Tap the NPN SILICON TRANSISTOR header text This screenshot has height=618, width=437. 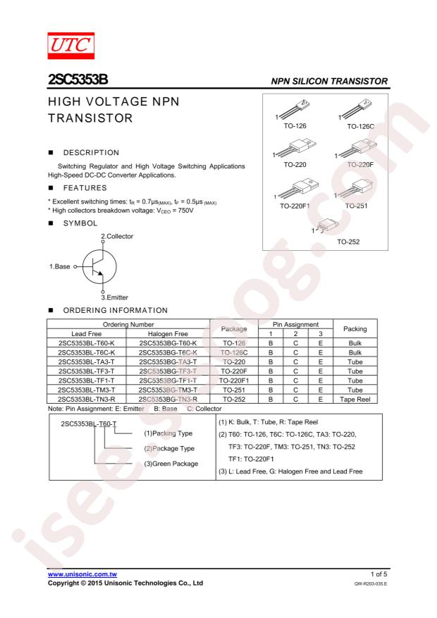pos(329,82)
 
